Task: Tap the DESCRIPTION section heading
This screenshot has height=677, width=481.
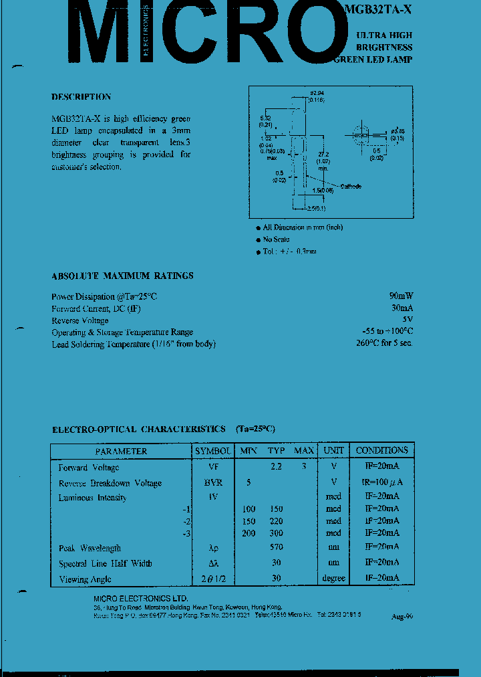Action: coord(81,97)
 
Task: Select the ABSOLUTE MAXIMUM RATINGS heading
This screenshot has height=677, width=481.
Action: coord(122,276)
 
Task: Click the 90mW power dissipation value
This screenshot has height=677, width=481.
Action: coord(401,296)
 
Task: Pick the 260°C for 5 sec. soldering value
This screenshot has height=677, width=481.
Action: coord(384,343)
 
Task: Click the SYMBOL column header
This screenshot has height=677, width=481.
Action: coord(213,451)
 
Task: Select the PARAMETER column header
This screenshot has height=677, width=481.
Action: coord(121,451)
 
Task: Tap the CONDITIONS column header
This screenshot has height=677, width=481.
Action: coord(381,451)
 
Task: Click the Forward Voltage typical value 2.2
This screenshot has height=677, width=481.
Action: coord(276,468)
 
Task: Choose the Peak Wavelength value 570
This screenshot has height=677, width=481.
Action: coord(276,548)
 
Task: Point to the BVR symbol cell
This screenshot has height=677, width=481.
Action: coord(213,482)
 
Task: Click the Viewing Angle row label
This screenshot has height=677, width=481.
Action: coord(85,579)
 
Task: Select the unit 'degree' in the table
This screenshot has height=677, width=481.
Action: coord(333,579)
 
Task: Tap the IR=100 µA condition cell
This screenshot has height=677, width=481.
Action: coord(382,482)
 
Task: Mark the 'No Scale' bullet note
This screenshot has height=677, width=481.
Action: coord(276,239)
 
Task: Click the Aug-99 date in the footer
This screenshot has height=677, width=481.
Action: coord(402,617)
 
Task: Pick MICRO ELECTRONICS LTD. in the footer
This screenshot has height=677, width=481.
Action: coord(141,598)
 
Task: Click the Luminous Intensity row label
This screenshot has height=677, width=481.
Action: coord(92,498)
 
